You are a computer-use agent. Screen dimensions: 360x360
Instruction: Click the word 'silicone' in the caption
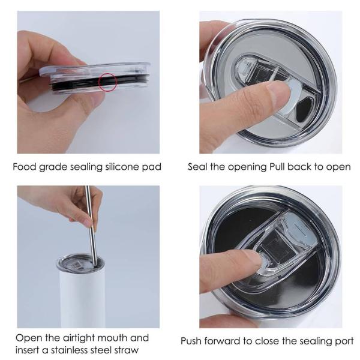(x=122, y=167)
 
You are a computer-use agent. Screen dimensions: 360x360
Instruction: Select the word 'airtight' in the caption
(x=79, y=338)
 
